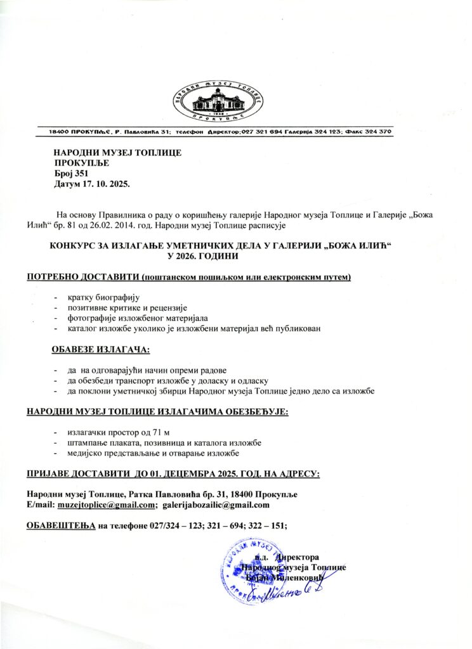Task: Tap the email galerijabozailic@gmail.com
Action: click(x=216, y=505)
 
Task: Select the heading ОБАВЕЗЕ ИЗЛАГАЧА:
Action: click(x=101, y=349)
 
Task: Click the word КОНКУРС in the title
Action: click(x=75, y=245)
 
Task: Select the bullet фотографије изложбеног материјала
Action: click(x=142, y=318)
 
